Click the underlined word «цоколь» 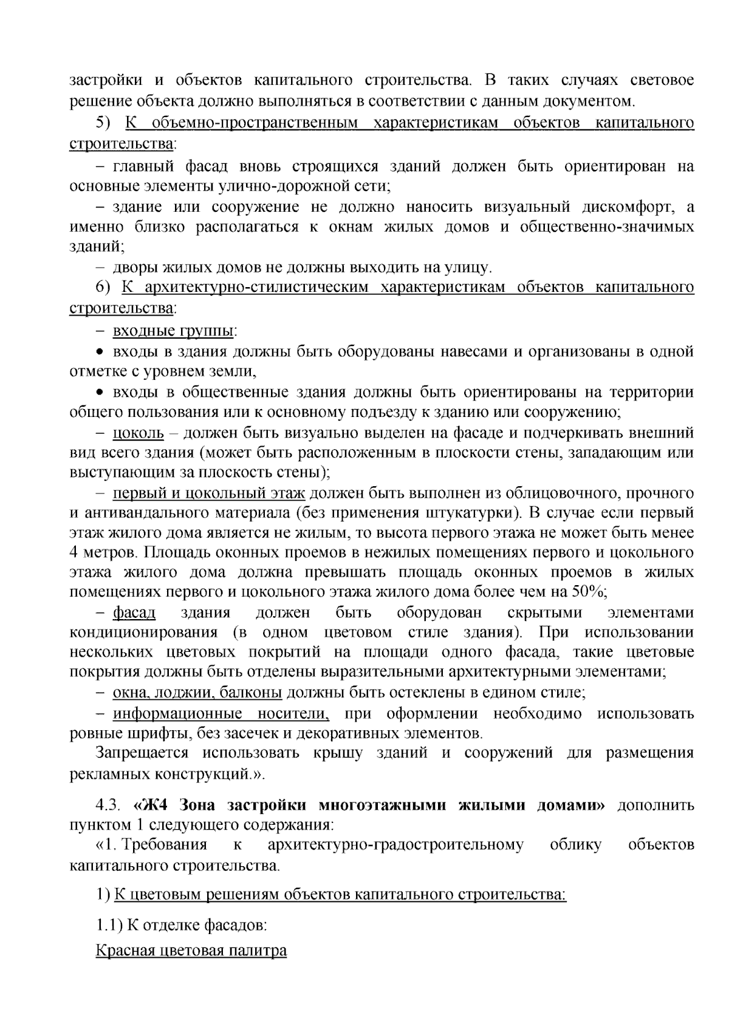click(x=139, y=433)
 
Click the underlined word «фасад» click(x=134, y=613)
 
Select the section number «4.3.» click(x=109, y=806)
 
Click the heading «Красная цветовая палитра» click(x=191, y=950)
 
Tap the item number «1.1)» click(x=109, y=926)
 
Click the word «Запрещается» click(x=143, y=753)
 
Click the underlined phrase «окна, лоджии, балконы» click(x=197, y=693)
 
